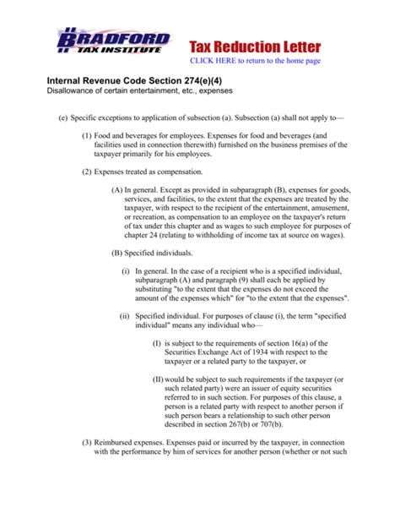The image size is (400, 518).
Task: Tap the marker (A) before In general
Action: [x=117, y=191]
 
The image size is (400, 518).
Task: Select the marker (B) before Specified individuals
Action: [x=117, y=253]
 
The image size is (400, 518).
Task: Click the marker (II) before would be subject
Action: [x=158, y=379]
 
